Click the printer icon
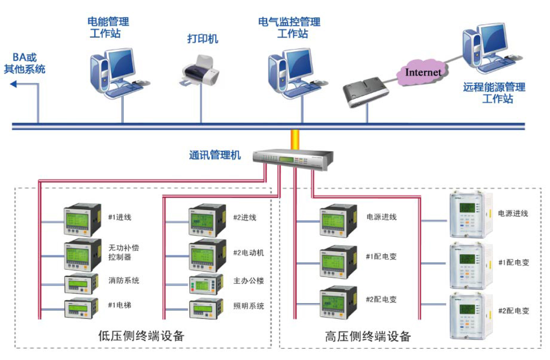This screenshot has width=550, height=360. click(199, 71)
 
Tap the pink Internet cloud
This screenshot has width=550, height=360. click(422, 72)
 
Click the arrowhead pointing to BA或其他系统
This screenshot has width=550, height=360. click(13, 84)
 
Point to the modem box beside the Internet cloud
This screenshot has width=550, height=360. click(365, 91)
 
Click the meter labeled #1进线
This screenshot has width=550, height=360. click(82, 220)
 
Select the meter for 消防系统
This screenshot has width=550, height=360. click(81, 284)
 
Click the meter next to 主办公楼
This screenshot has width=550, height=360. click(206, 284)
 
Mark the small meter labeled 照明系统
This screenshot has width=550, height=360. click(206, 308)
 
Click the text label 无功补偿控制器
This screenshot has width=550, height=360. click(124, 252)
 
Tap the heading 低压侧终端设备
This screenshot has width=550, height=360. click(141, 336)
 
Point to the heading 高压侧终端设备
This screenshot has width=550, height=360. click(367, 336)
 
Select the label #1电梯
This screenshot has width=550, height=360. click(120, 305)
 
